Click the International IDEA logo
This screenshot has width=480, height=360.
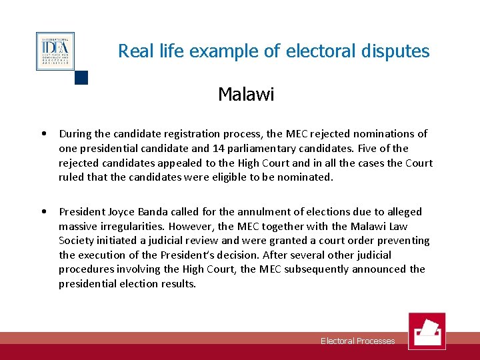55,51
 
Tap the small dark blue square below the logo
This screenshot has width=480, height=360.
81,78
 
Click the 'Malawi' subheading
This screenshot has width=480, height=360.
246,94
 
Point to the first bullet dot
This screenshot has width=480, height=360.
43,133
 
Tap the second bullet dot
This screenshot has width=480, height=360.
43,211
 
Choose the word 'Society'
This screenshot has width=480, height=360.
77,241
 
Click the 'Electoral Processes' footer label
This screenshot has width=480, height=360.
357,341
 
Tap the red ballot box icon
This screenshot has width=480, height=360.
427,331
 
